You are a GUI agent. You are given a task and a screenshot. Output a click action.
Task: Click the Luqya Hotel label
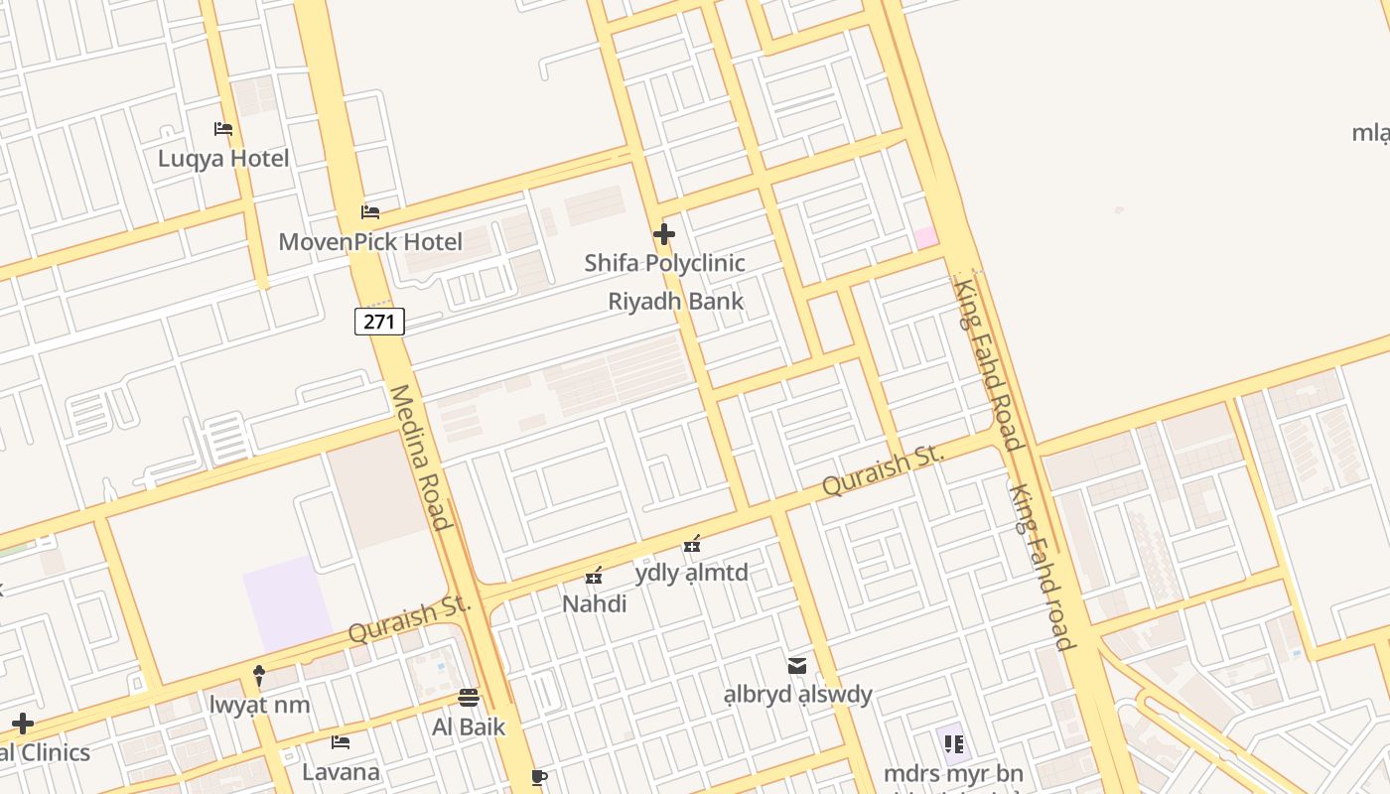coord(223,159)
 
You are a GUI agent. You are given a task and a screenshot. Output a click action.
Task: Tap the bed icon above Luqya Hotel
coord(223,129)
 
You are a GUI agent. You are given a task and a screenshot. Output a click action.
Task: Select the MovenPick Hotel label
coord(370,242)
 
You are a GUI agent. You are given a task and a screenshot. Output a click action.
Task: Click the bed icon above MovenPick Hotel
coord(370,211)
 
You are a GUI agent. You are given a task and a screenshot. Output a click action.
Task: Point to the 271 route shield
coord(379,322)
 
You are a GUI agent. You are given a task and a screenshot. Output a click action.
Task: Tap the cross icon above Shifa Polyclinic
coord(664,234)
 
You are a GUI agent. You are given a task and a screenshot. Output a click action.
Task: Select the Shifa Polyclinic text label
coord(664,263)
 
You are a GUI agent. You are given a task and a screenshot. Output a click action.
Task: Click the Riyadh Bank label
coord(675,301)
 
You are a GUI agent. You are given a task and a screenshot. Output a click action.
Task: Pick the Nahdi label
coord(594,603)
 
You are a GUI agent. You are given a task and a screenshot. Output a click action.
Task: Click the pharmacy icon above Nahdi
coord(594,576)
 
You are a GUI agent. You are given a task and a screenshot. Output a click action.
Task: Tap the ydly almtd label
coord(691,573)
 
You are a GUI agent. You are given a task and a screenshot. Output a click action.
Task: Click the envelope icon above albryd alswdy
coord(797,665)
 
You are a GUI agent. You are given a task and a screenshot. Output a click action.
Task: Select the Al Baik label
coord(469,727)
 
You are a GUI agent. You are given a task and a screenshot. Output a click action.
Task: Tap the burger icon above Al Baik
coord(469,698)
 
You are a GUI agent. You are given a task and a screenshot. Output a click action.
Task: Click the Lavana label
coord(341,772)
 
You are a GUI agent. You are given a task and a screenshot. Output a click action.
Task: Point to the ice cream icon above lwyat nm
coord(260,676)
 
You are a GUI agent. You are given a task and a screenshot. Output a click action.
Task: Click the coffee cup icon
coord(539,777)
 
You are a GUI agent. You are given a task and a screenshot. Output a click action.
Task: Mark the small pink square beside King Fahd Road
coord(925,237)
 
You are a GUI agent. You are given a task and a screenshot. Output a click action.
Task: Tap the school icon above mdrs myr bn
coord(953,743)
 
